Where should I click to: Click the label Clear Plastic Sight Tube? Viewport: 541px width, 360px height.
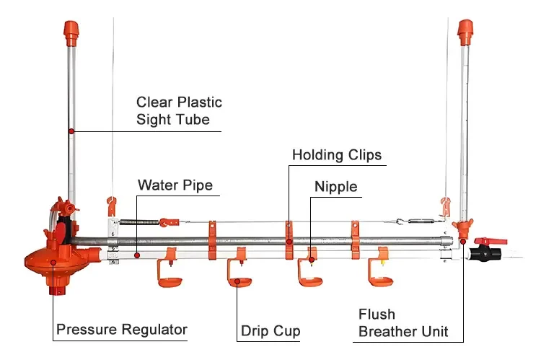tap(179, 111)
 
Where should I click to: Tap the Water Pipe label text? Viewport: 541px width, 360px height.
tap(175, 185)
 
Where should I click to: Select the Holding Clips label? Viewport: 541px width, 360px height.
tap(336, 155)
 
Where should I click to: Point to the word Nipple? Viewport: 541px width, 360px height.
tap(335, 187)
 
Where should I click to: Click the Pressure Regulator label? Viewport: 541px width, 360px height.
tap(121, 330)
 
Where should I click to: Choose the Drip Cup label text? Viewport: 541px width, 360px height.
tap(270, 331)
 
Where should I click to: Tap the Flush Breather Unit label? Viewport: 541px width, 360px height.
tap(403, 323)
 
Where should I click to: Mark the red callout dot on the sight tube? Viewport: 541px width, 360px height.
tap(71, 131)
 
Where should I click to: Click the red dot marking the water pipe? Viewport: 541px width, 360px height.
tap(137, 254)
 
